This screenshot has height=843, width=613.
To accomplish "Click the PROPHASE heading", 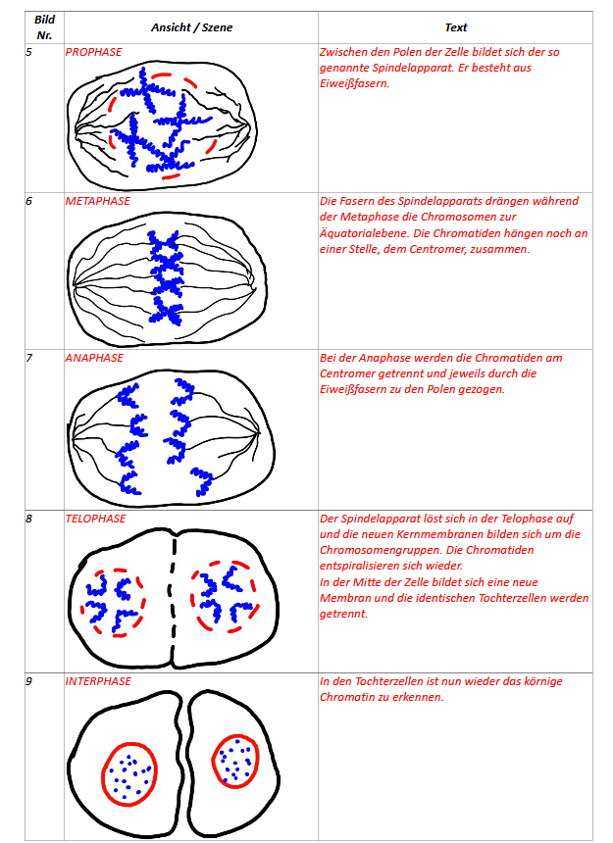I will click(x=93, y=51).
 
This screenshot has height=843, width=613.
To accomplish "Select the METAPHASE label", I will click(x=97, y=201).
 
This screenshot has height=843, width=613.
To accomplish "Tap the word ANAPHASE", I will click(x=94, y=358).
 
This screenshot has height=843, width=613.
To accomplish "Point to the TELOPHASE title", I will click(x=95, y=519).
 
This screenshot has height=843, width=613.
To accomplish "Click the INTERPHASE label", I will click(x=98, y=680).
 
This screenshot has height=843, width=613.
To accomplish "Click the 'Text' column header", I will click(x=455, y=27).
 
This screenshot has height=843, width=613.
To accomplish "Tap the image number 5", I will click(x=29, y=51).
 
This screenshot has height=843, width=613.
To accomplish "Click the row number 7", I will click(x=29, y=358).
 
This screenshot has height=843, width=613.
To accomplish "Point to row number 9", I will click(x=29, y=680).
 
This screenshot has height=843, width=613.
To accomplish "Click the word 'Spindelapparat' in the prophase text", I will click(x=465, y=68).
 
